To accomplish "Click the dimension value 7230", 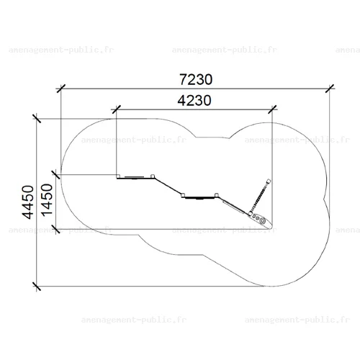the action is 196,79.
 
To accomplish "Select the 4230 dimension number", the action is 194,100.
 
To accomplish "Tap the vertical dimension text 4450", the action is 28,202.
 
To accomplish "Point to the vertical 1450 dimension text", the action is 47,200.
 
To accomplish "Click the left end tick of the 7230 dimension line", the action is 61,89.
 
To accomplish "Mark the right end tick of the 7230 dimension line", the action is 330,89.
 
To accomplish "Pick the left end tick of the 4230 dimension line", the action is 116,109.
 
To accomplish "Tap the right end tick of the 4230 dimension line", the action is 272,109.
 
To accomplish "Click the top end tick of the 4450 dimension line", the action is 37,119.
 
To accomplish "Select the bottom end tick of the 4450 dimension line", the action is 37,286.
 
